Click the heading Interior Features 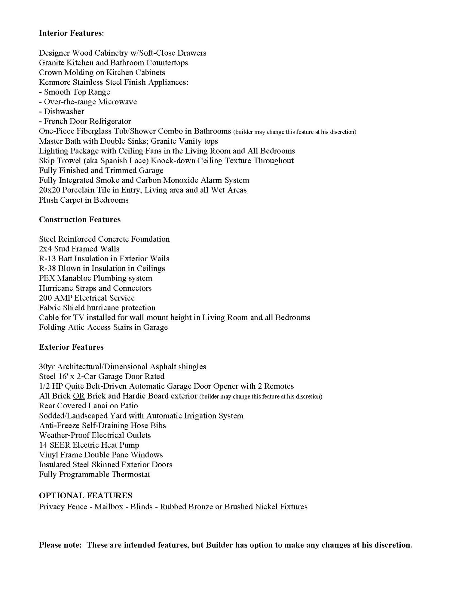click(71, 33)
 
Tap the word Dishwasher click(64, 112)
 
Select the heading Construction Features click(80, 220)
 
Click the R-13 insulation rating click(47, 259)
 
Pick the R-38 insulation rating click(47, 269)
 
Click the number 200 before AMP click(45, 298)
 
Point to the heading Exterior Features click(71, 347)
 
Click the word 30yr click(47, 367)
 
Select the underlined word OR click(79, 396)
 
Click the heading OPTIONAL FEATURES click(86, 495)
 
